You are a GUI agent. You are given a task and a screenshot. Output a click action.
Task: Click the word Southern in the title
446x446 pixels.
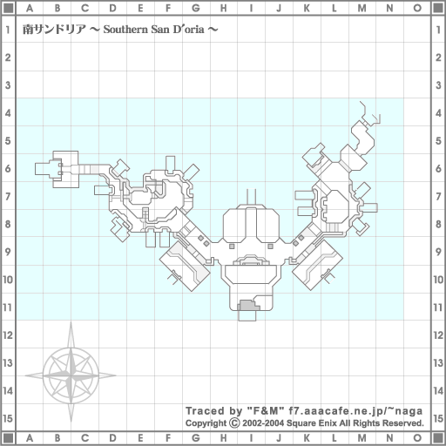tap(125, 30)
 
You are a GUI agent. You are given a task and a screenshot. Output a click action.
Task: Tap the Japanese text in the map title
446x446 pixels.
tap(54, 30)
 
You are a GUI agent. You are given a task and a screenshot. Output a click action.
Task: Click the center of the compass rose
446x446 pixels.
tap(71, 375)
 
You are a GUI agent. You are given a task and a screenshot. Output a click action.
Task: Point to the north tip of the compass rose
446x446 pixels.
tap(71, 322)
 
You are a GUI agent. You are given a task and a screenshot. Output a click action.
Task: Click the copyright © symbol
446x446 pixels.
tap(234, 422)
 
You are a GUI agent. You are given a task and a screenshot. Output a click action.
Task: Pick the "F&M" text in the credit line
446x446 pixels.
tap(265, 411)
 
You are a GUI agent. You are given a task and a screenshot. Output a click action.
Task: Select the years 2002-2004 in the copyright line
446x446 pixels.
tap(263, 423)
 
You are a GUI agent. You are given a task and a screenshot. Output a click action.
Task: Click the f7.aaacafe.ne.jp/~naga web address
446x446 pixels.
tap(355, 411)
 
